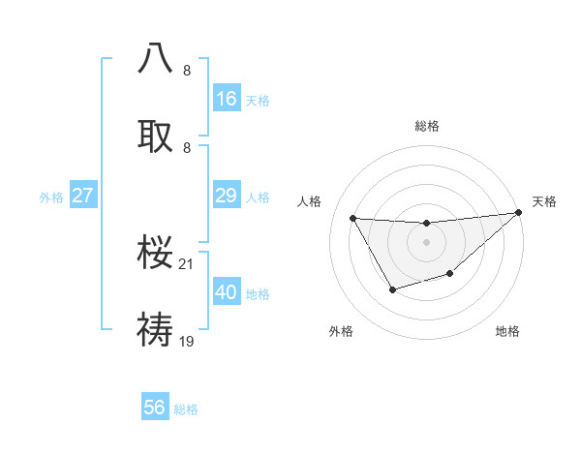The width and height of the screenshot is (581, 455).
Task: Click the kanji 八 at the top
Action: pos(156,58)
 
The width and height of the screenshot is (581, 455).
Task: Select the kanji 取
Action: pos(156,136)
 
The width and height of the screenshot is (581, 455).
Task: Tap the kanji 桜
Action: pos(156,253)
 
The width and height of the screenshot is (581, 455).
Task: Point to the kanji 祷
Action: pos(156,329)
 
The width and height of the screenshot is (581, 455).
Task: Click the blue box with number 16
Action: pos(226,99)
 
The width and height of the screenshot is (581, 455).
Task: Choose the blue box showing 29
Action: pos(226,196)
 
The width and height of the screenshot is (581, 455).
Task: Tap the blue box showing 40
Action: pos(226,292)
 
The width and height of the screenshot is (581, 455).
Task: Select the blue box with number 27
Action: pos(82,196)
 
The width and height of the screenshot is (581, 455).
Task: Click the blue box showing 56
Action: pos(154,408)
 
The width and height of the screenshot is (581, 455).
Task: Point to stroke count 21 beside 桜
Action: pos(188,263)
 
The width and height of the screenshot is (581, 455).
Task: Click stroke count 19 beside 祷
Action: pos(188,341)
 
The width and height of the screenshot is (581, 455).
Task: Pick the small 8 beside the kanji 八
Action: pos(187,71)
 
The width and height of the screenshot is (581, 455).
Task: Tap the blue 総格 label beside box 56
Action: pos(186,409)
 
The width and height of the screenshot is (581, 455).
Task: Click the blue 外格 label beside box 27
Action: pos(51,197)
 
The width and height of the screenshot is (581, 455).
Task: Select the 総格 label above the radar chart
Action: pos(426,126)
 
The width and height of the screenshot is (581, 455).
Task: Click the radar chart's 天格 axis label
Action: pos(544,201)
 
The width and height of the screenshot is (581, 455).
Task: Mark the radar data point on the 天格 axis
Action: pos(518,213)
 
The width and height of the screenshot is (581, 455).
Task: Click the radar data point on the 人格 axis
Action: pos(352,218)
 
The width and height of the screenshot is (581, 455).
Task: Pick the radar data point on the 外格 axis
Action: pos(392,289)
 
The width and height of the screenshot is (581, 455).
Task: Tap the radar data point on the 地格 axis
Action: pos(449,274)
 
